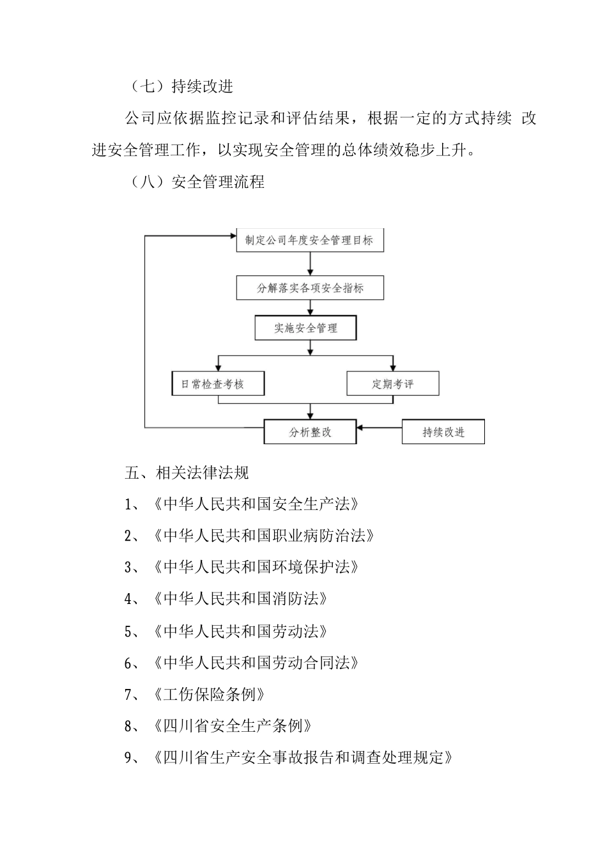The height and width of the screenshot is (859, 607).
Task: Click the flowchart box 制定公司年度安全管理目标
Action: pyautogui.click(x=310, y=241)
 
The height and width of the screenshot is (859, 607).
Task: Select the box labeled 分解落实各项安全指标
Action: pyautogui.click(x=310, y=288)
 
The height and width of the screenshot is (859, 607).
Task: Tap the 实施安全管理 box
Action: pyautogui.click(x=305, y=329)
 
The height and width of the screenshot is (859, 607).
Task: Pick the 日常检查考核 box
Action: pyautogui.click(x=218, y=384)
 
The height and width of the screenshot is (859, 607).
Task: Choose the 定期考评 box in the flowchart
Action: pyautogui.click(x=393, y=384)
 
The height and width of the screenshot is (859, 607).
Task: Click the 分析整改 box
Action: pyautogui.click(x=310, y=432)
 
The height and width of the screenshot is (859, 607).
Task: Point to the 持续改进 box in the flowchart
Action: pyautogui.click(x=443, y=432)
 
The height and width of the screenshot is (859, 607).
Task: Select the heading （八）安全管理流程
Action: pyautogui.click(x=197, y=182)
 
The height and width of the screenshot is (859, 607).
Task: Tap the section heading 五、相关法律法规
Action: pyautogui.click(x=187, y=473)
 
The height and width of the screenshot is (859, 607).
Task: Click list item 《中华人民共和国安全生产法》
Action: pyautogui.click(x=256, y=504)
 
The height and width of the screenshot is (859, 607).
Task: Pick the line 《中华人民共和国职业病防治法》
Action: pyautogui.click(x=263, y=536)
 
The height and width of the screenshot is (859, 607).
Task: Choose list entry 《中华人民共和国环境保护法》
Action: pyautogui.click(x=256, y=567)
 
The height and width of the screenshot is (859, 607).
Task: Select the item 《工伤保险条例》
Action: pyautogui.click(x=209, y=694)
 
